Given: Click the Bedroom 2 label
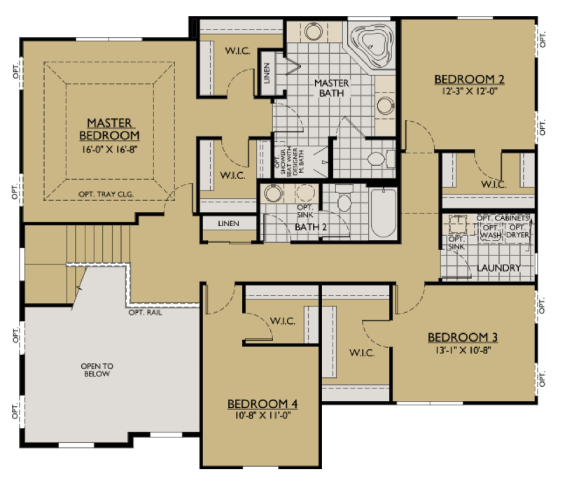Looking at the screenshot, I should [x=469, y=79].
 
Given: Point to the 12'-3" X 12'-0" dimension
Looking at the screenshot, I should [x=469, y=91].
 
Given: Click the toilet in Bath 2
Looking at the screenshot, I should [x=344, y=202].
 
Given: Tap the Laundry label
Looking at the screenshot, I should [x=498, y=268].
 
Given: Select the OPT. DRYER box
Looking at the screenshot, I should [x=518, y=232].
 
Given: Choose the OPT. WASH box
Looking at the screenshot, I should [x=491, y=232].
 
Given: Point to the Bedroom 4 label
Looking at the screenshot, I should [x=262, y=404].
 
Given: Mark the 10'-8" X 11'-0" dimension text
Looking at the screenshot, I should [x=262, y=416].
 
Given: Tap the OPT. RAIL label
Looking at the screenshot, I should [x=145, y=312].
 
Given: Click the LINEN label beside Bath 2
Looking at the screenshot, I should [x=228, y=224].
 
